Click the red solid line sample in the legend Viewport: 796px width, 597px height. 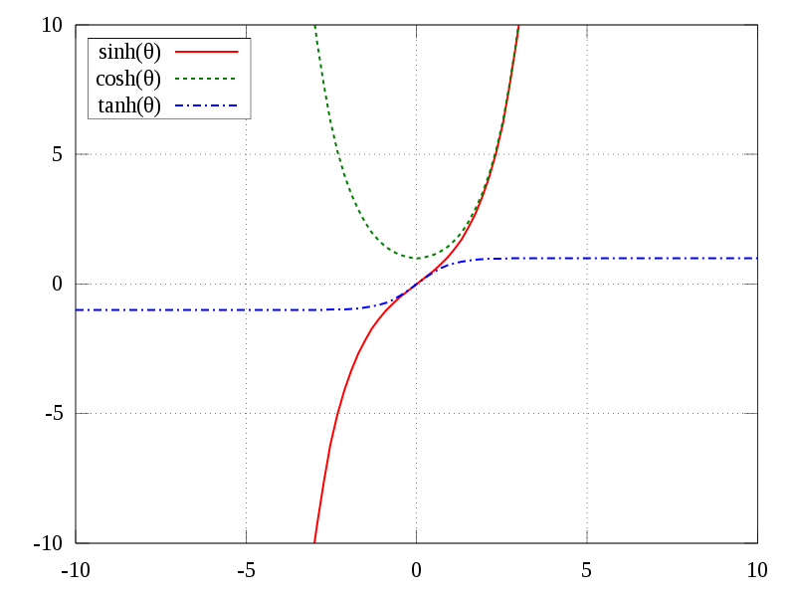pyautogui.click(x=207, y=51)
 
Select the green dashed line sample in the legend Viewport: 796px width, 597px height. pyautogui.click(x=206, y=78)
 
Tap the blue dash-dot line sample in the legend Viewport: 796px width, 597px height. pyautogui.click(x=206, y=105)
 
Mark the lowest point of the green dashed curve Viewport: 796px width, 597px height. pyautogui.click(x=417, y=259)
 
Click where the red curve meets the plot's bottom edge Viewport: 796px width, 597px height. pyautogui.click(x=314, y=542)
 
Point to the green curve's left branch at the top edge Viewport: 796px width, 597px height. pyautogui.click(x=314, y=26)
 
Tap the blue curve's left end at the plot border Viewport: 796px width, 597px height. pyautogui.click(x=77, y=310)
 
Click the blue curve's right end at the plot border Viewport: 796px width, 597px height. pyautogui.click(x=757, y=259)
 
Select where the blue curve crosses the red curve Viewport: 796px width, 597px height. pyautogui.click(x=416, y=285)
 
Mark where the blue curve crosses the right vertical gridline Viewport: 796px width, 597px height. pyautogui.click(x=587, y=259)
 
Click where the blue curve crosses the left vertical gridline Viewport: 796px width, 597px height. pyautogui.click(x=246, y=310)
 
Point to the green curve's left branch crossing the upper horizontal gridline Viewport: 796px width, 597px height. pyautogui.click(x=336, y=154)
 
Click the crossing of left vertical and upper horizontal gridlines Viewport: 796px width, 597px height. pyautogui.click(x=246, y=154)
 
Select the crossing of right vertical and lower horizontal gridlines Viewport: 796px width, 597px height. pyautogui.click(x=587, y=413)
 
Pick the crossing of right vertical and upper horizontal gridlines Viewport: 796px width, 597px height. pyautogui.click(x=587, y=154)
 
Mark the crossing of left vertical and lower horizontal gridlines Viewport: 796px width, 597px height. pyautogui.click(x=246, y=413)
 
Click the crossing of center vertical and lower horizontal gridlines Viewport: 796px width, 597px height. pyautogui.click(x=416, y=413)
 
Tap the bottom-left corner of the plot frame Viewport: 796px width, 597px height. pyautogui.click(x=76, y=542)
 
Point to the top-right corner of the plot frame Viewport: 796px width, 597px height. pyautogui.click(x=757, y=25)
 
